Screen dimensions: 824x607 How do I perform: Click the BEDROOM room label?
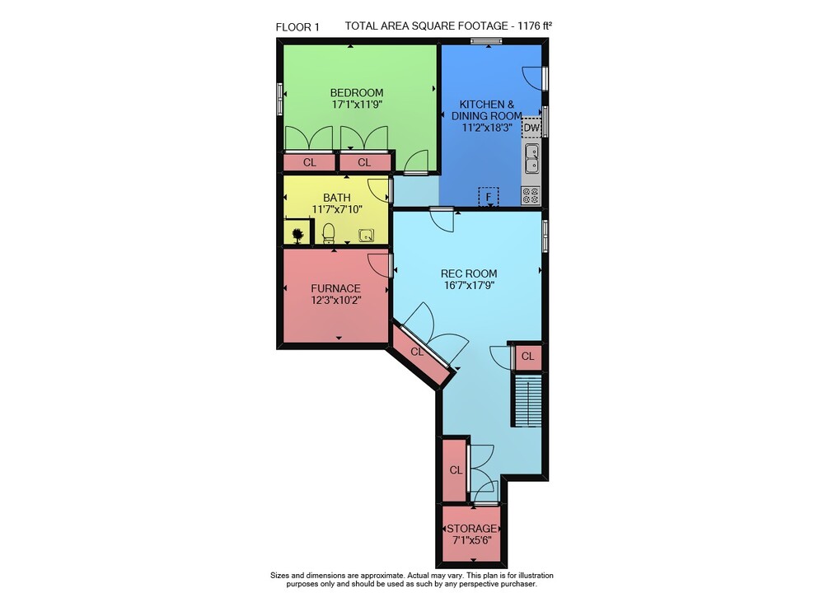click(x=356, y=93)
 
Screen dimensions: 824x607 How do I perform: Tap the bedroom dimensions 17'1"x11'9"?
click(x=356, y=105)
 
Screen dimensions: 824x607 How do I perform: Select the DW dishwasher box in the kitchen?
click(x=531, y=128)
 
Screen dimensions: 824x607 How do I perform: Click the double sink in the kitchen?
click(x=531, y=159)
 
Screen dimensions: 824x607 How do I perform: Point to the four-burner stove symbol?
click(x=530, y=196)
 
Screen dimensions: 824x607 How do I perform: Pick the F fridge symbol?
click(x=489, y=197)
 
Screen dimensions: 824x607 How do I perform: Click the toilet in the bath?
click(x=329, y=232)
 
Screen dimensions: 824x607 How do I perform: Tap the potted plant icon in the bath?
click(x=297, y=236)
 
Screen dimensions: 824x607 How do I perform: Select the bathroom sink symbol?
click(x=367, y=236)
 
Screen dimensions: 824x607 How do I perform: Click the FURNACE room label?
click(x=336, y=289)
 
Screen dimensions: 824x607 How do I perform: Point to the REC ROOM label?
click(x=469, y=273)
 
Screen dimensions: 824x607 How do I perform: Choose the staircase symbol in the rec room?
click(x=527, y=400)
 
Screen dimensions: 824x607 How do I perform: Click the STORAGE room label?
click(x=471, y=528)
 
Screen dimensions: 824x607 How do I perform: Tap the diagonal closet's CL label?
click(x=417, y=352)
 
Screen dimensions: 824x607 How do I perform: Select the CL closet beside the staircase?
click(x=527, y=357)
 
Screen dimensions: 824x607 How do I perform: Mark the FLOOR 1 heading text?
click(x=297, y=27)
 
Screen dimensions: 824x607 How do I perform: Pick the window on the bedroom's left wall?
click(x=280, y=99)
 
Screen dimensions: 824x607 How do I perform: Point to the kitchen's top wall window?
click(x=487, y=41)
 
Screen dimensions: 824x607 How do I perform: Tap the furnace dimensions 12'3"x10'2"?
click(x=336, y=301)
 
